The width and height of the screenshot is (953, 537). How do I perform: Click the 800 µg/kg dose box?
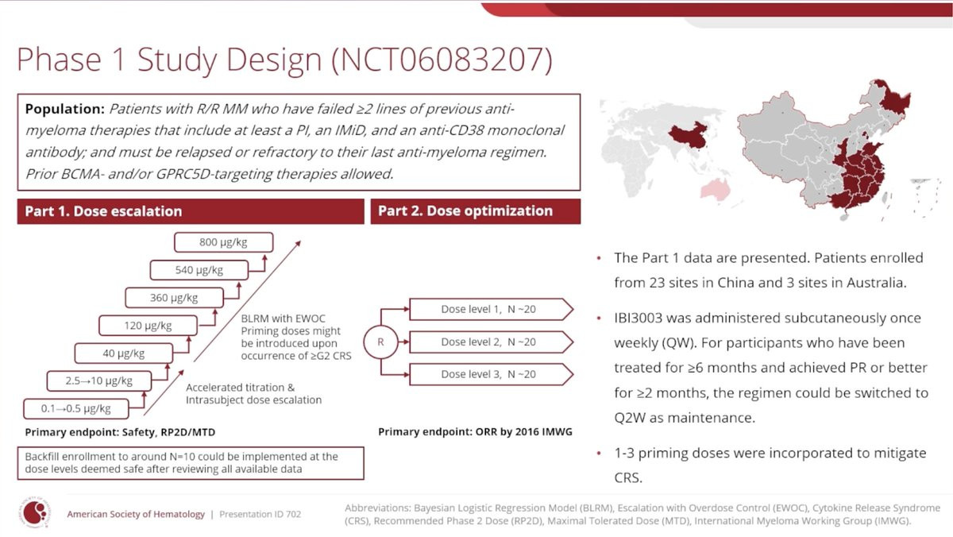click(x=223, y=242)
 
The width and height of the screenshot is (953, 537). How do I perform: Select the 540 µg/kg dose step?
click(x=199, y=270)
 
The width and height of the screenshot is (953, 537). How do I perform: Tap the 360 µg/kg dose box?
click(x=174, y=297)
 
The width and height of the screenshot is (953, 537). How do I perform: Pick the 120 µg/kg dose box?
click(x=148, y=326)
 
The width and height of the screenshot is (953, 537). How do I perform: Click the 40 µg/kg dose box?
click(x=124, y=353)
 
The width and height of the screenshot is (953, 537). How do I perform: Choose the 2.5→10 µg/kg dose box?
click(x=99, y=381)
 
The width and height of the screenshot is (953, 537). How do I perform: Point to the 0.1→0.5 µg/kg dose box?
click(x=76, y=408)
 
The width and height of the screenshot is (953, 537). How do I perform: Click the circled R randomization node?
click(x=380, y=342)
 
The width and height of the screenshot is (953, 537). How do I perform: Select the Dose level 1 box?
click(x=491, y=309)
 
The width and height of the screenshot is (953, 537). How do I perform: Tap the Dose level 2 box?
click(x=491, y=342)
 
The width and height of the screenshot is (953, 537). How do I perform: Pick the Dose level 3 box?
click(x=491, y=374)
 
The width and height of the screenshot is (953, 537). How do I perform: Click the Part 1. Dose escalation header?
click(x=191, y=211)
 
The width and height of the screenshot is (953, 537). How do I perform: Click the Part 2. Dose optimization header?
click(x=476, y=211)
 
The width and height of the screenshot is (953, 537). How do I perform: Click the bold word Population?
click(x=64, y=109)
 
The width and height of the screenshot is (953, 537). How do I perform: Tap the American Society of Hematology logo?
click(x=35, y=512)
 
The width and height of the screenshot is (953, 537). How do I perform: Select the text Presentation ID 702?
click(x=260, y=515)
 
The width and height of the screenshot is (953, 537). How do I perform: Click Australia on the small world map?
click(x=716, y=190)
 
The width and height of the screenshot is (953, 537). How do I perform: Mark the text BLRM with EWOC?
click(x=284, y=319)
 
